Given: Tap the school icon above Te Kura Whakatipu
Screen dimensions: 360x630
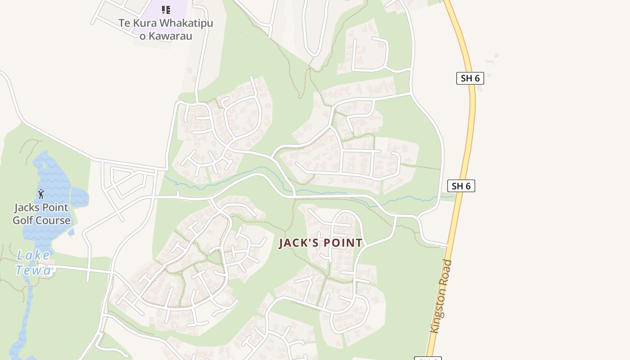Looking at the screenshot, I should tap(166, 9).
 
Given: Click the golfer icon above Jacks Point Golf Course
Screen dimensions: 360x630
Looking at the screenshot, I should tap(41, 194).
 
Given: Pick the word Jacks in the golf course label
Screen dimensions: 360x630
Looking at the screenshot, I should tap(28, 208).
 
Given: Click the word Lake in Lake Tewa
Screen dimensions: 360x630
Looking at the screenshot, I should tap(34, 256).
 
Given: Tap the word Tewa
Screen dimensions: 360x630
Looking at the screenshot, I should tap(34, 270).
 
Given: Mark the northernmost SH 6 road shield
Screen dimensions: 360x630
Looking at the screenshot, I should tap(470, 78).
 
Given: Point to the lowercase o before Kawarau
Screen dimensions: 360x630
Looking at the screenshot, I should tap(143, 36).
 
